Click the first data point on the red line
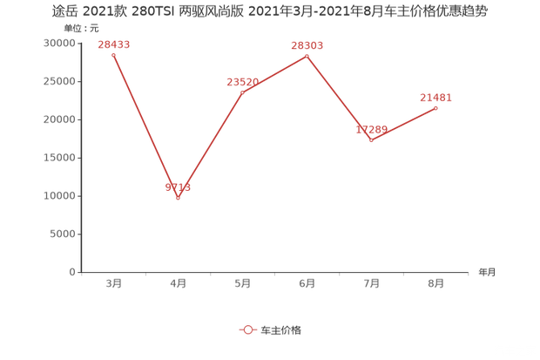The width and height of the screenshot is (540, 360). click(x=113, y=54)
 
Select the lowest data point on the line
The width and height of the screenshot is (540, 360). click(x=178, y=198)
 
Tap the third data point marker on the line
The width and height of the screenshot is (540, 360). click(x=242, y=91)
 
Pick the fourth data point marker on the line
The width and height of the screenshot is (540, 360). click(x=307, y=55)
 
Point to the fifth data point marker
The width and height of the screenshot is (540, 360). click(x=371, y=140)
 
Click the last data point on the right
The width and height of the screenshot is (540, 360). click(x=435, y=107)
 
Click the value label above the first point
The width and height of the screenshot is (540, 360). click(x=113, y=44)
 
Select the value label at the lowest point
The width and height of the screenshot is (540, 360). click(x=178, y=187)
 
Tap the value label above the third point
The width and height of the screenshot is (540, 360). click(x=242, y=82)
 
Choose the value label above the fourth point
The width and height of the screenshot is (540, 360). click(x=307, y=45)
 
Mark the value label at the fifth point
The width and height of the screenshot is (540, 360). click(x=371, y=130)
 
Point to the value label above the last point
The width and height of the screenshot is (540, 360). click(x=435, y=98)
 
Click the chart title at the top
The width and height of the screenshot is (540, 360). click(x=269, y=11)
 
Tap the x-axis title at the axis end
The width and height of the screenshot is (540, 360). click(x=485, y=272)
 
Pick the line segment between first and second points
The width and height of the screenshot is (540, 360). click(x=145, y=126)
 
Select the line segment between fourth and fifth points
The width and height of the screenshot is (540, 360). click(x=339, y=98)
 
